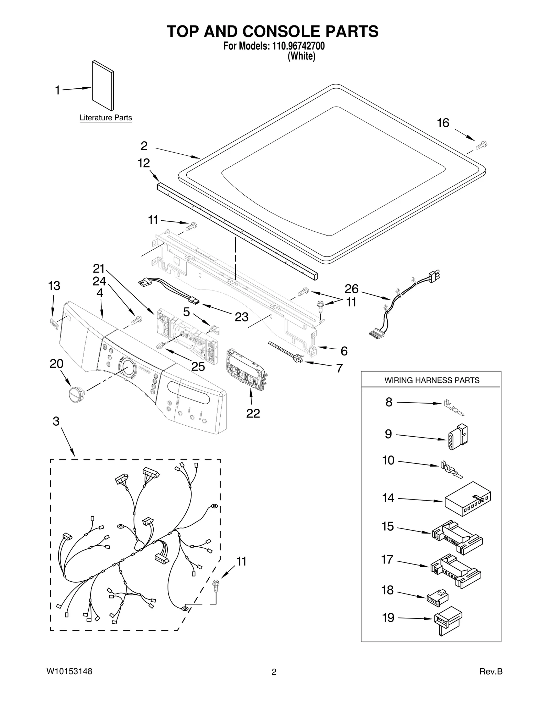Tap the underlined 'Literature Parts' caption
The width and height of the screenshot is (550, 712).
(x=106, y=118)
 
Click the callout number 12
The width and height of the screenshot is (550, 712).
(x=144, y=163)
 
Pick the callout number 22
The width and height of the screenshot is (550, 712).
(x=253, y=413)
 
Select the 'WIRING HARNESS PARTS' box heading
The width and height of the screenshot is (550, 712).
(x=431, y=380)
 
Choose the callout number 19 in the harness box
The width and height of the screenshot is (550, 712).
(x=388, y=618)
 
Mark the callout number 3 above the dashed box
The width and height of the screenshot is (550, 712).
(x=56, y=421)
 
